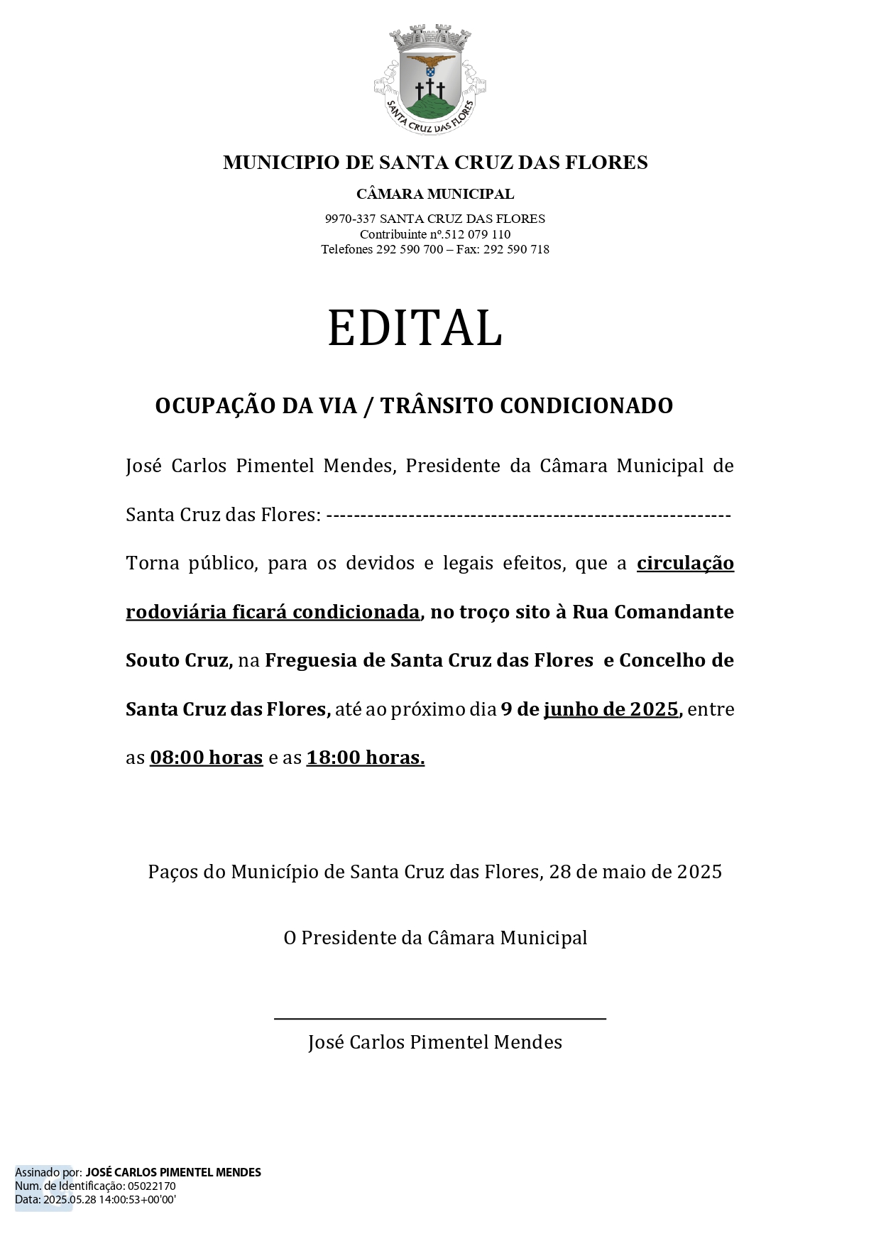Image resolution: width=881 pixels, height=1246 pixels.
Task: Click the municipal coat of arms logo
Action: pos(430,80)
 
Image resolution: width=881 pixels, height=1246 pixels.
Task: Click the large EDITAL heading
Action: pos(415,328)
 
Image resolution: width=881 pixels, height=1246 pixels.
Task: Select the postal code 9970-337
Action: pos(350,219)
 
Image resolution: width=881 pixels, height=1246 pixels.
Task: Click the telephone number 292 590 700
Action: pos(410,249)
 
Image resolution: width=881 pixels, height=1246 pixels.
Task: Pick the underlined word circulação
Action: pos(685,564)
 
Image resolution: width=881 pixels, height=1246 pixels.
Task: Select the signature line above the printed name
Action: pos(440,1019)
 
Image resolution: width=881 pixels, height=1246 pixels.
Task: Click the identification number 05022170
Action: pos(152,1186)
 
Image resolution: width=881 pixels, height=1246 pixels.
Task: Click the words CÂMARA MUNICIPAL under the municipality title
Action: pos(435,194)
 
